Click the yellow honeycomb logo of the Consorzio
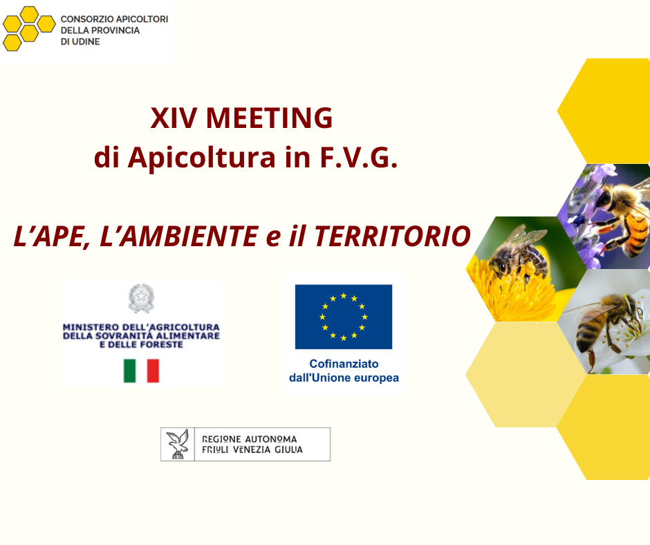coord(28,28)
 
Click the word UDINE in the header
coord(86,42)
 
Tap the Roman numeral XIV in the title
coord(174,118)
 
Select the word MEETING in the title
coord(270,118)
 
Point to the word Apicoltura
coord(201,158)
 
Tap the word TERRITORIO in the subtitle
coord(392,236)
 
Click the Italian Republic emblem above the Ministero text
coord(141,298)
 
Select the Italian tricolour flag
coord(141,371)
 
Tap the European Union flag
coord(344,317)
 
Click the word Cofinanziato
coord(344,364)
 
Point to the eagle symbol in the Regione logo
coord(178,444)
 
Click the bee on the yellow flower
coord(518,256)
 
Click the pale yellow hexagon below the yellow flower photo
coord(526,375)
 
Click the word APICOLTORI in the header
coord(141,19)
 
